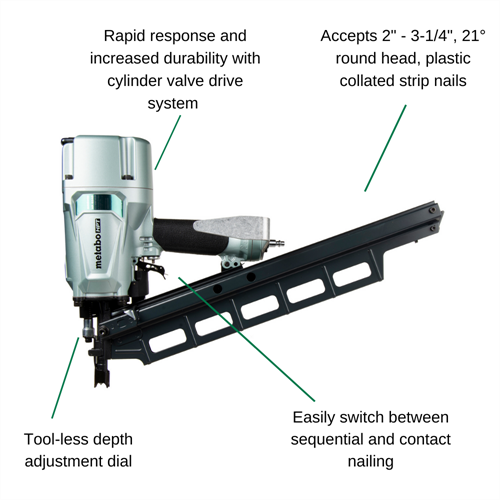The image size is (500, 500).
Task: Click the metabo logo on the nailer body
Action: (99, 243)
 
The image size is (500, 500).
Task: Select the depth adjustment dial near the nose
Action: (88, 330)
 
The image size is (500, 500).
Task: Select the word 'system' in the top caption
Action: (173, 103)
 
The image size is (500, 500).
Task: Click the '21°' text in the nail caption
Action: (474, 36)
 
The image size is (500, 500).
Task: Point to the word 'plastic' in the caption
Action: (448, 59)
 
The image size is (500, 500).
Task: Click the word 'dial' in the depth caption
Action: (120, 461)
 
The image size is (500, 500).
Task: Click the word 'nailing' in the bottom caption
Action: (371, 462)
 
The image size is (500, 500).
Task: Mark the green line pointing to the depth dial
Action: (65, 378)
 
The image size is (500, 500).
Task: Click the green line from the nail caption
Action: (385, 148)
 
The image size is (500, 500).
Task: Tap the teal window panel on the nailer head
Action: (99, 204)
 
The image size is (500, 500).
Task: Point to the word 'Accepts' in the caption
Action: (348, 36)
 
